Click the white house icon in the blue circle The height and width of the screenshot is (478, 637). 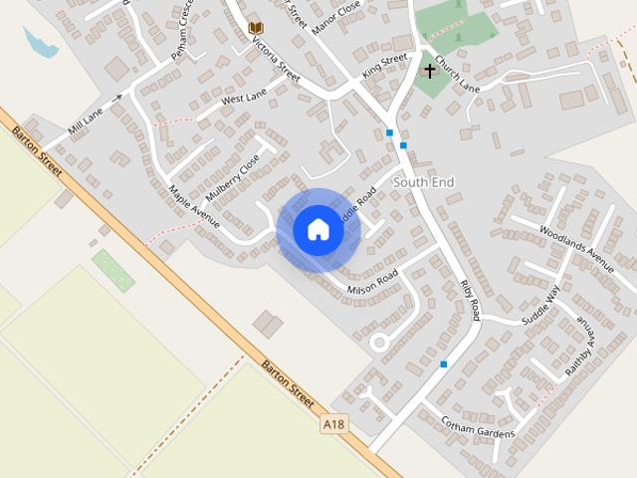click(318, 230)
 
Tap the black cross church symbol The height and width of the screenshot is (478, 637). click(430, 71)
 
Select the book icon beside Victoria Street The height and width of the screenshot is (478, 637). click(256, 28)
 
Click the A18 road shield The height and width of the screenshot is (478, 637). click(334, 424)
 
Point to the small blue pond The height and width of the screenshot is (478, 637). click(39, 43)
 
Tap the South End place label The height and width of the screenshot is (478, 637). click(423, 182)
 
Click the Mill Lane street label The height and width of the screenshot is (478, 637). click(86, 120)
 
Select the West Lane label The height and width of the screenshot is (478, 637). click(245, 98)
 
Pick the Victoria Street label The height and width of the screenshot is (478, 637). click(276, 62)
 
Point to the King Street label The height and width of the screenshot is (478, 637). click(385, 66)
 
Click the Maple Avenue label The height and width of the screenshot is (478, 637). click(193, 206)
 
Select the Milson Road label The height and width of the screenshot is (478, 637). click(372, 282)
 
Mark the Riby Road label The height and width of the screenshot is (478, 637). click(470, 300)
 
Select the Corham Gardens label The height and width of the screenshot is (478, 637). click(478, 427)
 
